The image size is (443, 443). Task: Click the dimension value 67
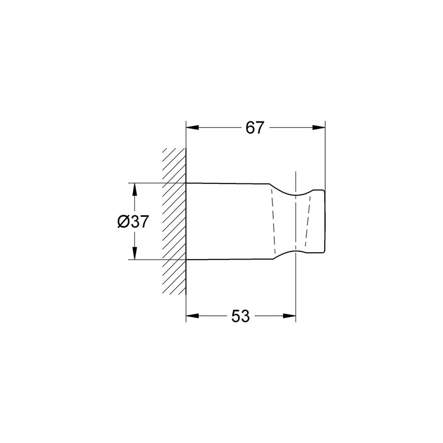(x=254, y=128)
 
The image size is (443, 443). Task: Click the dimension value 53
(x=240, y=316)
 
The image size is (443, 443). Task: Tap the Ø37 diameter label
(x=133, y=221)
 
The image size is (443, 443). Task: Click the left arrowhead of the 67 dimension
(x=192, y=128)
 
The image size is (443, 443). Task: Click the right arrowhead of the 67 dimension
(x=318, y=128)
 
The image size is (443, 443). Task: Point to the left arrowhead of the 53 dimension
(x=192, y=316)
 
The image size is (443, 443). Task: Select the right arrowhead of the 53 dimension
(x=289, y=316)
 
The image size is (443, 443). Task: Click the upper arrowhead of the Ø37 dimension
(x=135, y=190)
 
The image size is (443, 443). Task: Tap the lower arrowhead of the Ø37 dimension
(x=135, y=253)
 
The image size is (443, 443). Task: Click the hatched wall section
(x=174, y=221)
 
